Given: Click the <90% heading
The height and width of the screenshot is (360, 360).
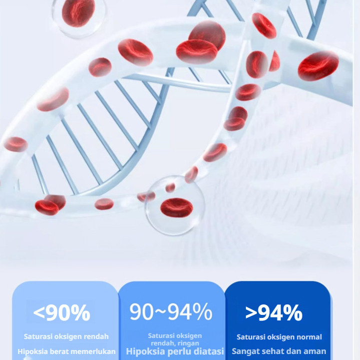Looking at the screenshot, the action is (62, 313).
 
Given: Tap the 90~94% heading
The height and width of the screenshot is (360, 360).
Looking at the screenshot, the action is (171, 311).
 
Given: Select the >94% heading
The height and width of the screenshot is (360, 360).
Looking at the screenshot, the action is (274, 313).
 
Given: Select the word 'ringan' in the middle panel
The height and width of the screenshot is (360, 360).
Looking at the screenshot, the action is (188, 343).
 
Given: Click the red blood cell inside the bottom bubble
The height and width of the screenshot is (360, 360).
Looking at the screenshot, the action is (177, 208).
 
